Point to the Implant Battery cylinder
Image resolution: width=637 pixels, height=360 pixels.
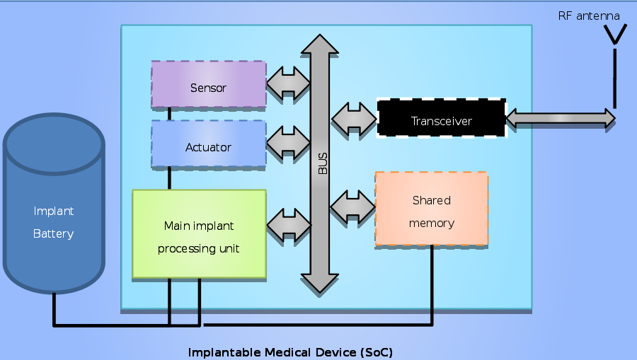(54, 212)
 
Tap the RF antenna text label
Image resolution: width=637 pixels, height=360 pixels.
(589, 15)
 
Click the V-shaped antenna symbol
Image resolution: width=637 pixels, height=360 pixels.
(614, 35)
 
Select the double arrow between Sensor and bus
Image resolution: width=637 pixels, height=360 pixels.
(289, 83)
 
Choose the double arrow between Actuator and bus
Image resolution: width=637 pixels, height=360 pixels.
(289, 142)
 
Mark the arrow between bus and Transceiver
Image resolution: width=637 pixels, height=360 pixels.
(354, 118)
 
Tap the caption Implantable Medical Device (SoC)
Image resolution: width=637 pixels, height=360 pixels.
(290, 352)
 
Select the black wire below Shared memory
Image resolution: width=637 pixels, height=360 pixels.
(432, 283)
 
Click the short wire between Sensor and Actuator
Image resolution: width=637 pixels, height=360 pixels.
(169, 114)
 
